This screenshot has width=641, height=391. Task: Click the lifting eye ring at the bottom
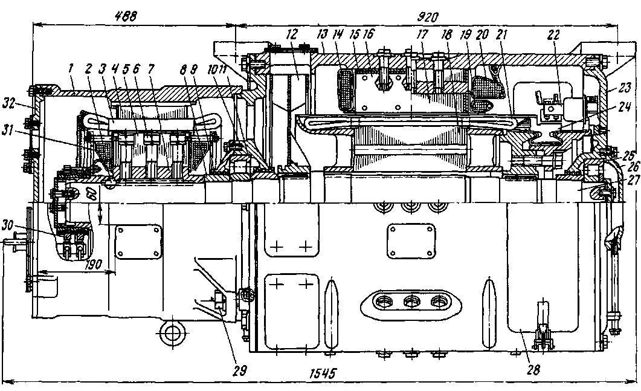pos(171,332)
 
